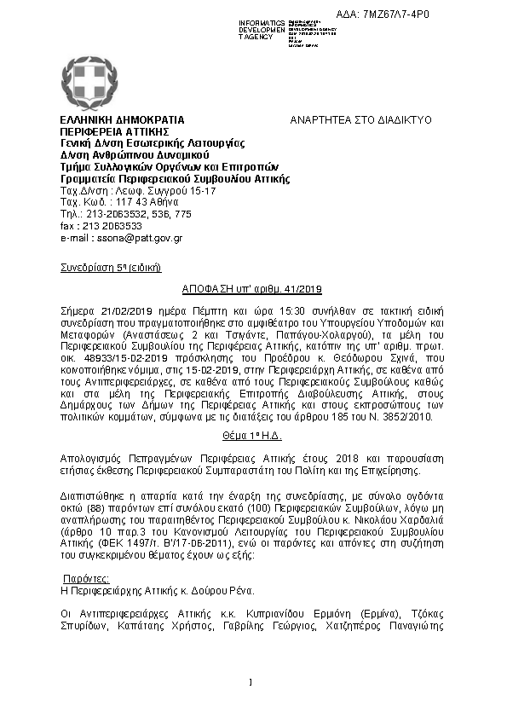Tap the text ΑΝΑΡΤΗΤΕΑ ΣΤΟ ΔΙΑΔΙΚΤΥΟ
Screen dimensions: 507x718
(x=361, y=120)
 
